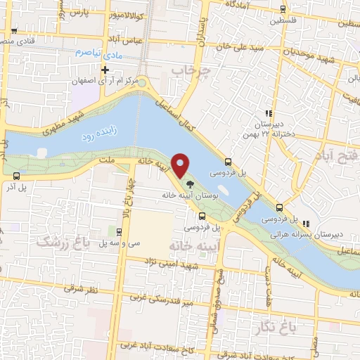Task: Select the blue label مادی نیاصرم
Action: [98, 53]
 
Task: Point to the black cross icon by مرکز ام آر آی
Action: [105, 70]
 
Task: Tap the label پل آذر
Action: [31, 188]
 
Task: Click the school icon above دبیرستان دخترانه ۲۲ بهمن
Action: [267, 112]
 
